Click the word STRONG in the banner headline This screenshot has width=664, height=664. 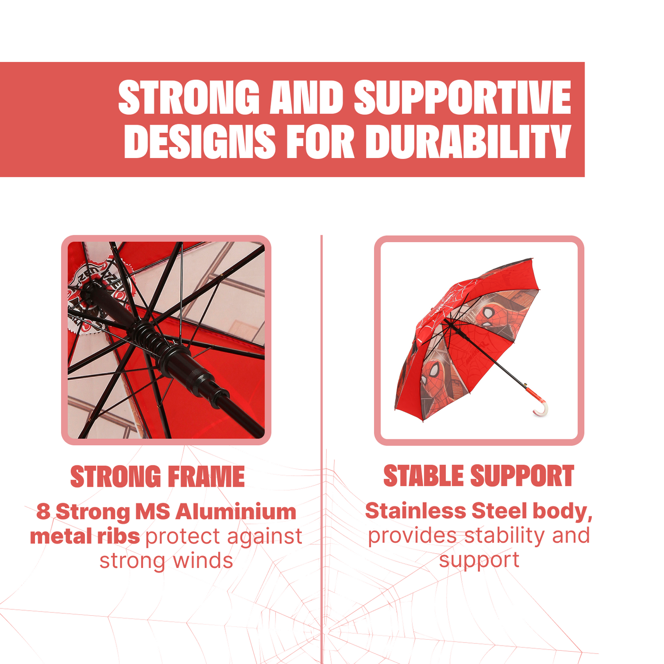189,97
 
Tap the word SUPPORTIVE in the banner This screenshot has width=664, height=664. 462,97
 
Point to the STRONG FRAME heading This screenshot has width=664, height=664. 158,477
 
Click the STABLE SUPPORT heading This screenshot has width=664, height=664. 479,476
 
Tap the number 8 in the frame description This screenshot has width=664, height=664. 43,511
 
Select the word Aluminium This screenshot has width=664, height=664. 236,511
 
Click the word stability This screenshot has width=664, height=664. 505,536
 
